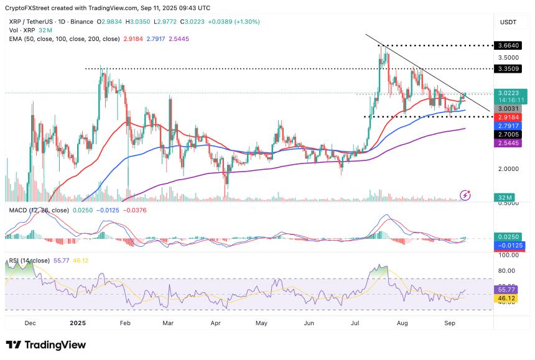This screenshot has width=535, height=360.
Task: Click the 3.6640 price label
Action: click(x=509, y=45)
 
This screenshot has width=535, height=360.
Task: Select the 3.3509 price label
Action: click(x=509, y=68)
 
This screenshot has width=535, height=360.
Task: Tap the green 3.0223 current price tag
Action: click(x=509, y=93)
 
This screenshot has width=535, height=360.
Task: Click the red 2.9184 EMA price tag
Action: click(x=509, y=117)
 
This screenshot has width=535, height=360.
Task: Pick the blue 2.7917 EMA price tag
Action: click(x=509, y=126)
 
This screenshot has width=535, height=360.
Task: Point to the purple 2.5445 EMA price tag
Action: click(x=509, y=142)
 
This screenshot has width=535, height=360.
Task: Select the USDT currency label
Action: click(x=509, y=22)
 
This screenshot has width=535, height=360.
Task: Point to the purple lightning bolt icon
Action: click(x=465, y=195)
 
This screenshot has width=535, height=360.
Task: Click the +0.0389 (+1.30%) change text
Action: click(x=234, y=22)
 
